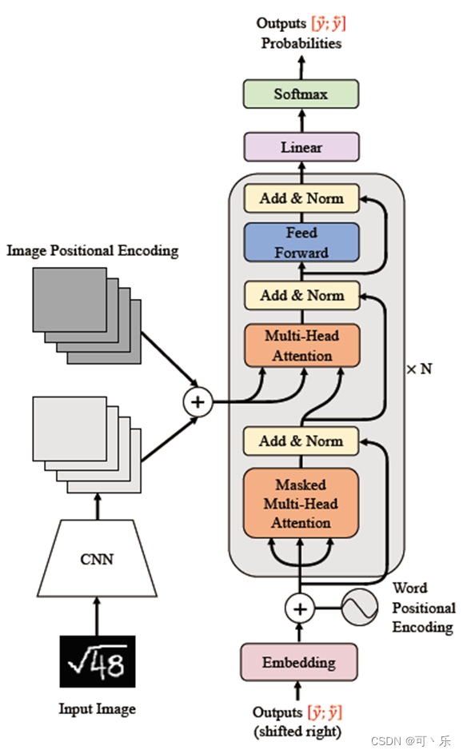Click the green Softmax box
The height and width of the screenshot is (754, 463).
pyautogui.click(x=301, y=94)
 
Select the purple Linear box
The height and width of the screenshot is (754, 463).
pyautogui.click(x=301, y=147)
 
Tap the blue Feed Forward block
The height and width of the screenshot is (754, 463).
pyautogui.click(x=301, y=243)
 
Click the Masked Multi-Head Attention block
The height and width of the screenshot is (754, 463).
pyautogui.click(x=301, y=504)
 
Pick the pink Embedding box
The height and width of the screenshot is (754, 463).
pyautogui.click(x=299, y=663)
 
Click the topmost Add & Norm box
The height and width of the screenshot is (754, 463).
pyautogui.click(x=301, y=198)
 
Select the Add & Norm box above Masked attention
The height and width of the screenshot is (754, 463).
pyautogui.click(x=301, y=441)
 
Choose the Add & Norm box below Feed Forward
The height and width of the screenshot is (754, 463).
pyautogui.click(x=301, y=295)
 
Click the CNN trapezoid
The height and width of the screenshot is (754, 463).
pyautogui.click(x=98, y=559)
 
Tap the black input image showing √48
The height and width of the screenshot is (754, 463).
pyautogui.click(x=98, y=663)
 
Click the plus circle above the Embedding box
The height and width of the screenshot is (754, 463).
pyautogui.click(x=300, y=609)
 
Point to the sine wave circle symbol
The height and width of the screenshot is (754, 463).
pyautogui.click(x=359, y=609)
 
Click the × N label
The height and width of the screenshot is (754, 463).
pyautogui.click(x=420, y=369)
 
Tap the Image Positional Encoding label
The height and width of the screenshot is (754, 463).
pyautogui.click(x=93, y=251)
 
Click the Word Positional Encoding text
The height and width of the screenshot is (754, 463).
pyautogui.click(x=423, y=608)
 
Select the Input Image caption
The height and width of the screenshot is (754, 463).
pyautogui.click(x=97, y=708)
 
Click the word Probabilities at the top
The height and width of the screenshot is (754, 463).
pyautogui.click(x=301, y=43)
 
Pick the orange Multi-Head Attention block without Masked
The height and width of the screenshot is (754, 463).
pyautogui.click(x=301, y=345)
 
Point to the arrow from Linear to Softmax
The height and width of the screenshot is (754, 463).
pyautogui.click(x=301, y=122)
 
